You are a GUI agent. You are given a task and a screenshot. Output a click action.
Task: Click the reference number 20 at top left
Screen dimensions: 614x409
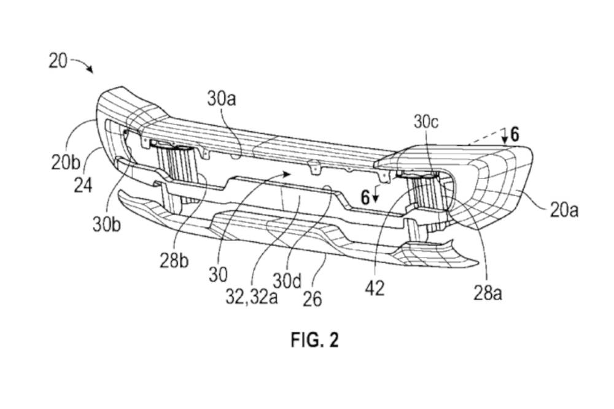pyautogui.click(x=58, y=61)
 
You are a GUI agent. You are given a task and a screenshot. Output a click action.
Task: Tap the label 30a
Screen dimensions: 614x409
pyautogui.click(x=222, y=99)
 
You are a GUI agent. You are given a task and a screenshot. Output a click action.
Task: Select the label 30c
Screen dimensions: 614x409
pyautogui.click(x=426, y=123)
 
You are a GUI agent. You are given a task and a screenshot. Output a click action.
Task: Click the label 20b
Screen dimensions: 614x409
pyautogui.click(x=66, y=163)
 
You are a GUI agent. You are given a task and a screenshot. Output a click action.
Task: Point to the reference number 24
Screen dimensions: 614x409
pyautogui.click(x=83, y=185)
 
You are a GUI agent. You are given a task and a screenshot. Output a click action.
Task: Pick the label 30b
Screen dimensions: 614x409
pyautogui.click(x=107, y=224)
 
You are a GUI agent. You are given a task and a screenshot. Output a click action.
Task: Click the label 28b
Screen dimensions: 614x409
pyautogui.click(x=174, y=261)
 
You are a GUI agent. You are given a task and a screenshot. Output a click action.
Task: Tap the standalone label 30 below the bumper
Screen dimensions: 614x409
pyautogui.click(x=218, y=275)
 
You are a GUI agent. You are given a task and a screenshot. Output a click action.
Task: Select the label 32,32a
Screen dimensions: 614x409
pyautogui.click(x=251, y=297)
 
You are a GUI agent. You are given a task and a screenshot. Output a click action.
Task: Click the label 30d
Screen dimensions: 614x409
pyautogui.click(x=287, y=281)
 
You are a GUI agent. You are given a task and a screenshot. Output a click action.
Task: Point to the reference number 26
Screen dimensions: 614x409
pyautogui.click(x=312, y=299)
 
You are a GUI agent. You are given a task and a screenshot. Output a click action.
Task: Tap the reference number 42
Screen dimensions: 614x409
pyautogui.click(x=375, y=289)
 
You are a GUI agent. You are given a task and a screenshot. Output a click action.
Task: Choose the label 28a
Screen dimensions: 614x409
pyautogui.click(x=488, y=293)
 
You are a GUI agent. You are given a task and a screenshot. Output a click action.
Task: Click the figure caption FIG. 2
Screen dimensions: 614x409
pyautogui.click(x=314, y=340)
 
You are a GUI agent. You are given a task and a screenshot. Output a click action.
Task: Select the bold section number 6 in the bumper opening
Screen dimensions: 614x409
pyautogui.click(x=365, y=198)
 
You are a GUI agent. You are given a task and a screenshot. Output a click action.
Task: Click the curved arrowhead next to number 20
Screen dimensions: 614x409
pyautogui.click(x=90, y=70)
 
